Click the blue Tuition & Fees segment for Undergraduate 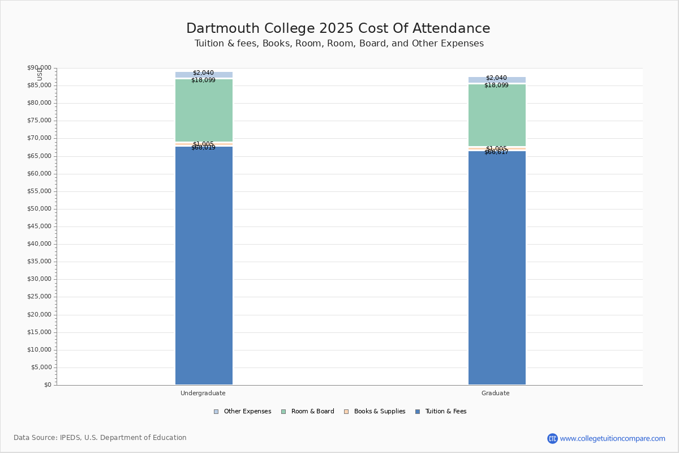[x=204, y=266]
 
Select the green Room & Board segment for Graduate [x=497, y=116]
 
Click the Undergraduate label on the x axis [x=203, y=393]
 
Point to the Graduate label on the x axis [x=496, y=393]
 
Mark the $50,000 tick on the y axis [x=39, y=209]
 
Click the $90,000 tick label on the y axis [x=39, y=68]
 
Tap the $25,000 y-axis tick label [x=39, y=297]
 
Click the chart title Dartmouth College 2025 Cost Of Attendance [x=338, y=28]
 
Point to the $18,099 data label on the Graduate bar [x=496, y=86]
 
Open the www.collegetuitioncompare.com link [x=612, y=438]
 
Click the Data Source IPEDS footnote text [x=100, y=438]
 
